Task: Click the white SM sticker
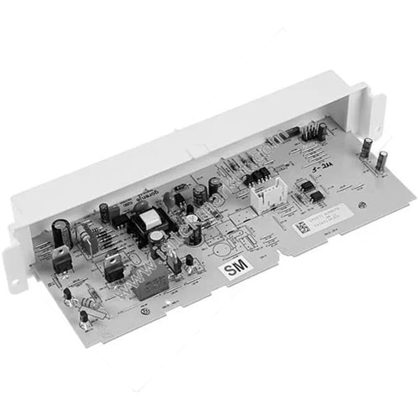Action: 233,270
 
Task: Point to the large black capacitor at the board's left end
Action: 60,228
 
